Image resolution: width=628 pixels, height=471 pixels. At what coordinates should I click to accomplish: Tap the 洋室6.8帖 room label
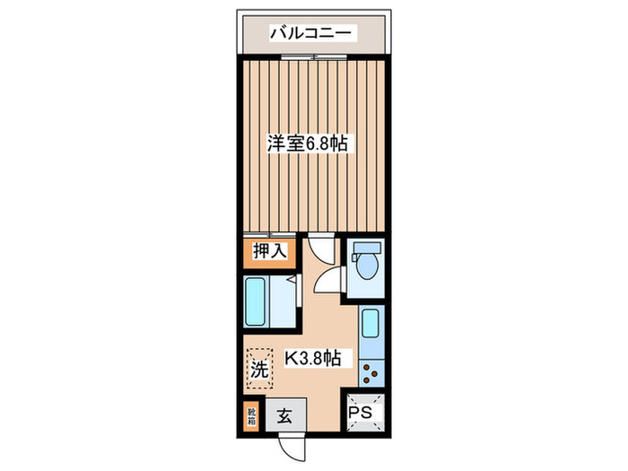(308, 143)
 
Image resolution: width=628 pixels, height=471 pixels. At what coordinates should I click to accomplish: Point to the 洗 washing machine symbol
(258, 367)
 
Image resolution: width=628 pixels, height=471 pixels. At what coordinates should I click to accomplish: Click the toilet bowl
(365, 267)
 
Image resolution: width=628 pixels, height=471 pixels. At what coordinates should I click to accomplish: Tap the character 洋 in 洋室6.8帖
(274, 143)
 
